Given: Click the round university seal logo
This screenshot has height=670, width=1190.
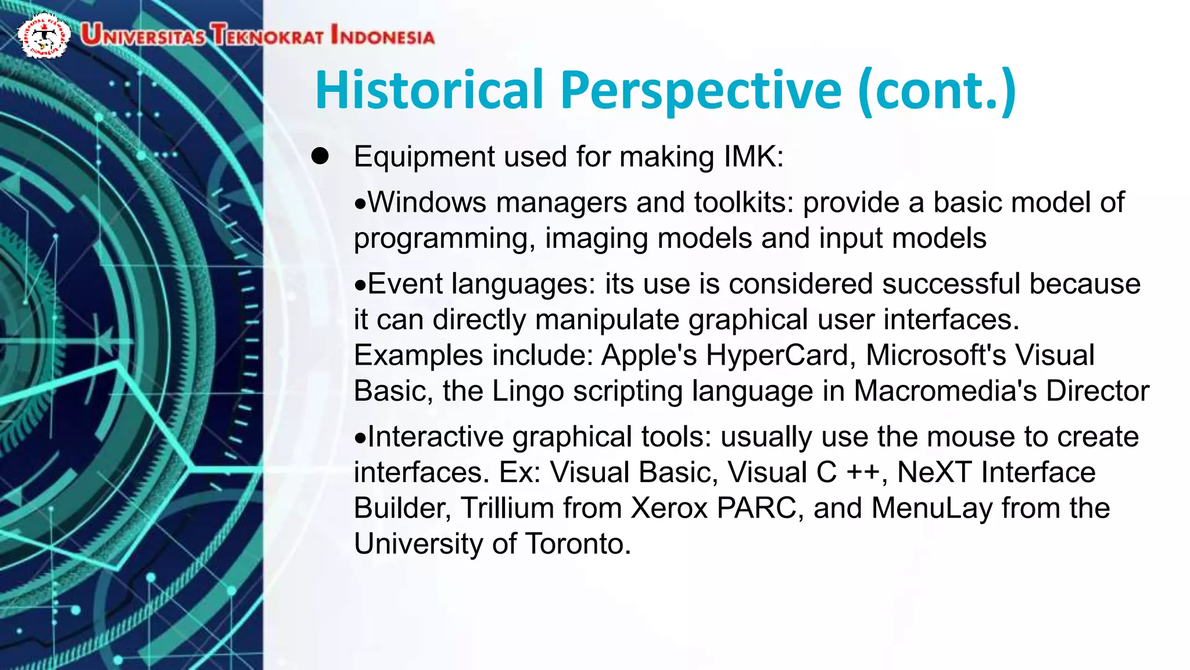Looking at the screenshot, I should point(44,35).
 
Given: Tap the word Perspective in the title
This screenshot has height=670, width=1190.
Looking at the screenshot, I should point(700,90).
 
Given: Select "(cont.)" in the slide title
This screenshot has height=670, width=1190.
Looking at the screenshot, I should point(937,90).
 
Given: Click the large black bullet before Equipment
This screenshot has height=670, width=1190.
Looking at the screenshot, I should point(320,156).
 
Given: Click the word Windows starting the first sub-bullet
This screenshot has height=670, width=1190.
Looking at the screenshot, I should point(427,202).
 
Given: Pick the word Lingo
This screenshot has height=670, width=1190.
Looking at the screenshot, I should point(528,391).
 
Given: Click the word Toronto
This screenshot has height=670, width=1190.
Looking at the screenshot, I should point(578,544).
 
